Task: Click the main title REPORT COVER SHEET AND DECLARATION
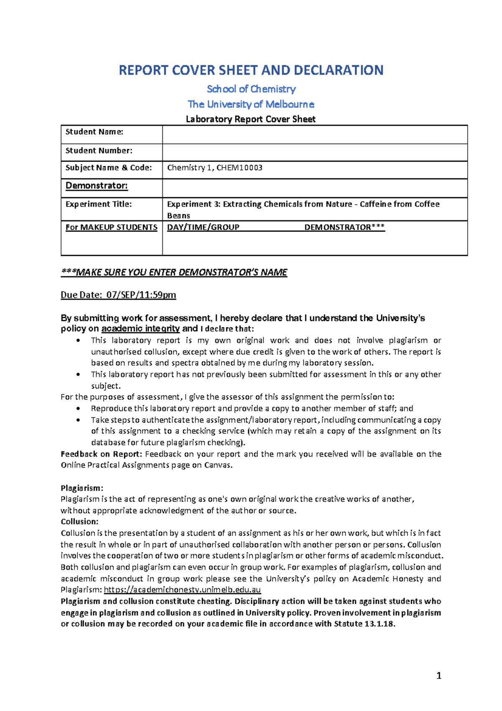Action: point(251,70)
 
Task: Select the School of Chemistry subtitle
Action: point(251,89)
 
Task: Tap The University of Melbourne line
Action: point(251,104)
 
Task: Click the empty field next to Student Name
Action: point(315,134)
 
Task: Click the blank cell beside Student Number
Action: point(315,152)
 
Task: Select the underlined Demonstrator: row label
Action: point(97,185)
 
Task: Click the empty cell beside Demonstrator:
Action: point(315,188)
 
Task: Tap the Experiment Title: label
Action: point(99,204)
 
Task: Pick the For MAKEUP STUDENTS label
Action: point(111,227)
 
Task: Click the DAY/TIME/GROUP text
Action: point(203,227)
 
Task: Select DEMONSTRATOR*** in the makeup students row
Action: point(344,227)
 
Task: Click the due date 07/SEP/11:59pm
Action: point(141,295)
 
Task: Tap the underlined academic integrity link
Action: point(141,329)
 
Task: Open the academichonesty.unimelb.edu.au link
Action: point(182,590)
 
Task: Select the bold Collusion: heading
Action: point(79,521)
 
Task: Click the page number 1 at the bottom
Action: point(438,675)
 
